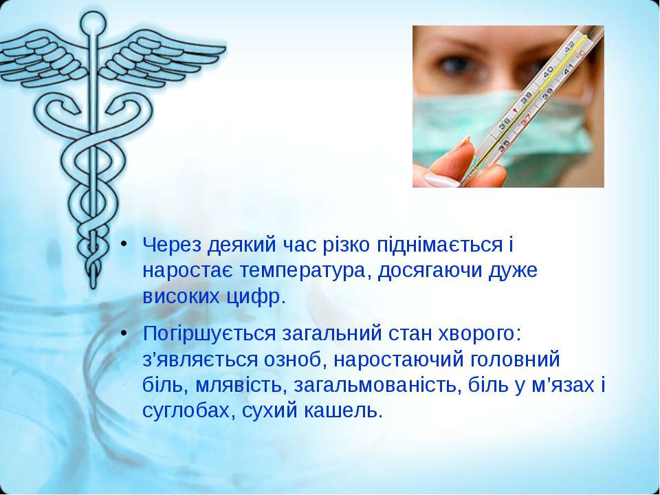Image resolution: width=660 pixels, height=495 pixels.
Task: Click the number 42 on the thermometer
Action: click(x=569, y=45)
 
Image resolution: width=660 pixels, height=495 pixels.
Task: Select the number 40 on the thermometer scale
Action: click(x=548, y=72)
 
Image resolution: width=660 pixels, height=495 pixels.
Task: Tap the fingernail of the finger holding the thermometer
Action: click(x=441, y=179)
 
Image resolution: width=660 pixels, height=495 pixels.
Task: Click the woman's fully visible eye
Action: click(x=453, y=64)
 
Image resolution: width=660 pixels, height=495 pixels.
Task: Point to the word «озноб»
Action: click(x=292, y=359)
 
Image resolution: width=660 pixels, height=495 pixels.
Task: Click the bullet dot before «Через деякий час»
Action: click(x=123, y=244)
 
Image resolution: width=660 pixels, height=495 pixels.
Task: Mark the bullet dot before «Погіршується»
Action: click(x=123, y=333)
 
